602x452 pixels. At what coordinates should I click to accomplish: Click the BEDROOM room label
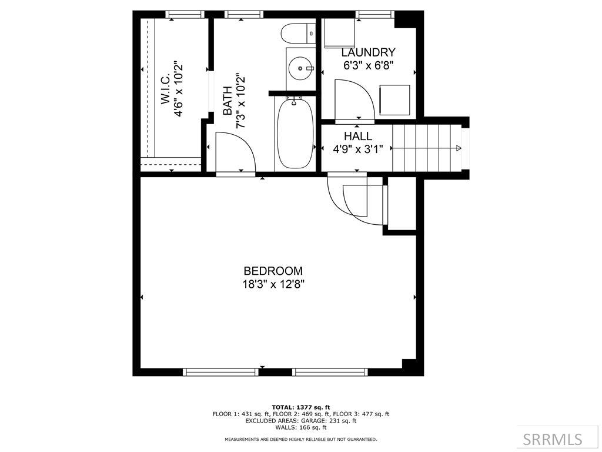pos(273,271)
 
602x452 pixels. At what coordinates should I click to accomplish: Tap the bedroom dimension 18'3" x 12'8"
pos(273,284)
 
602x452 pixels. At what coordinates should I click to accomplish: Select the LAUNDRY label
pos(368,52)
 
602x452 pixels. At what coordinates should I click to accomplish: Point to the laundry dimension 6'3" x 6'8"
pos(368,66)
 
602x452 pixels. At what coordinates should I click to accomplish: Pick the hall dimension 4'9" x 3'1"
pos(358,149)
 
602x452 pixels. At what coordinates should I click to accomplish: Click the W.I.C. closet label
pos(165,89)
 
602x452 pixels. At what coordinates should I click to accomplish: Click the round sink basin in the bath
pos(301,69)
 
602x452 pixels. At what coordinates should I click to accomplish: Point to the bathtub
pos(295,134)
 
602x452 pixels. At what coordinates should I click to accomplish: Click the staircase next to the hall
pos(426,149)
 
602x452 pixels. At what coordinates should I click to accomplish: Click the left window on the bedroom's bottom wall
pos(220,372)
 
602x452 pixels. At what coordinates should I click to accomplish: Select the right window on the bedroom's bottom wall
pos(330,372)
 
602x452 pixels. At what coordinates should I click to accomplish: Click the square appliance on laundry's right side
pos(395,100)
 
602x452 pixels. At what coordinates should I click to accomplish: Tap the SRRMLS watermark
pos(553,439)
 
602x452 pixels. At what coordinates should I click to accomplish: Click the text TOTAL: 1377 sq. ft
pos(300,407)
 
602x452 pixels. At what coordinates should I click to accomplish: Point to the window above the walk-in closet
pos(185,15)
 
